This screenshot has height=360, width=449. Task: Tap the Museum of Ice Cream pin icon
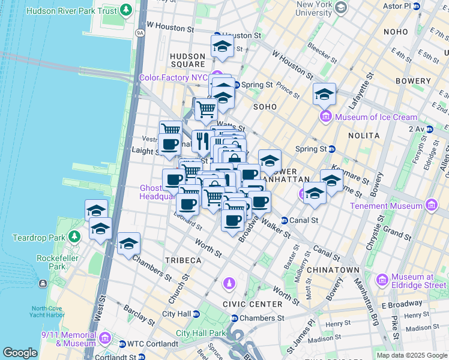coord(326,116)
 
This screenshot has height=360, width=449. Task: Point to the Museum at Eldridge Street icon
coord(381,280)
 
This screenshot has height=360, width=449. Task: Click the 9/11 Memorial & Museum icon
coord(106,338)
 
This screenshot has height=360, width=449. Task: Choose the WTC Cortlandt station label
coord(148,344)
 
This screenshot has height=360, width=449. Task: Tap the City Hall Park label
coord(200,333)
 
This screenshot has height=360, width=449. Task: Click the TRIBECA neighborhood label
coord(184,260)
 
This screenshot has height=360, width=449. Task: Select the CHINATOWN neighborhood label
coord(333,270)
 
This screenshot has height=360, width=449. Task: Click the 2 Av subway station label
coord(417,129)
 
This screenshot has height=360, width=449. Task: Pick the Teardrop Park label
coord(38,238)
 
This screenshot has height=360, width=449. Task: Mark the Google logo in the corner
coord(20,352)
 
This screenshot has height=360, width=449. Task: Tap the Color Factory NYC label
coord(173,77)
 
